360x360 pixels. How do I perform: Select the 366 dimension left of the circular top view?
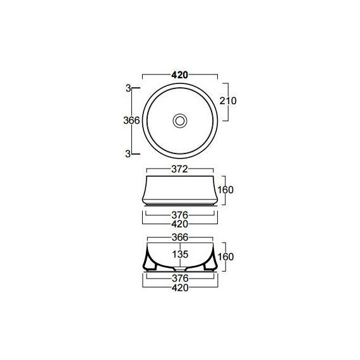click(131, 120)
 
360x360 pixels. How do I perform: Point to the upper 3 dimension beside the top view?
click(128, 88)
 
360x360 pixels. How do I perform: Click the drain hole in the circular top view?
click(180, 119)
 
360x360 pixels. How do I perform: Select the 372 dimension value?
click(180, 169)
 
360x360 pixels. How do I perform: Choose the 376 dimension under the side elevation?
click(180, 214)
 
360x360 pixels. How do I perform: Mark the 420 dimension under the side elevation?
click(180, 224)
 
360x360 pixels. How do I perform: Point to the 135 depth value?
click(180, 255)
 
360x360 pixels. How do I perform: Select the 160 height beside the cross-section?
click(225, 257)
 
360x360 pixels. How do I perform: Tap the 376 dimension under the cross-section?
click(180, 279)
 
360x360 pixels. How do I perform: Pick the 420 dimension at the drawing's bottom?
click(180, 288)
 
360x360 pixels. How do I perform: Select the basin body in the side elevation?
click(180, 189)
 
